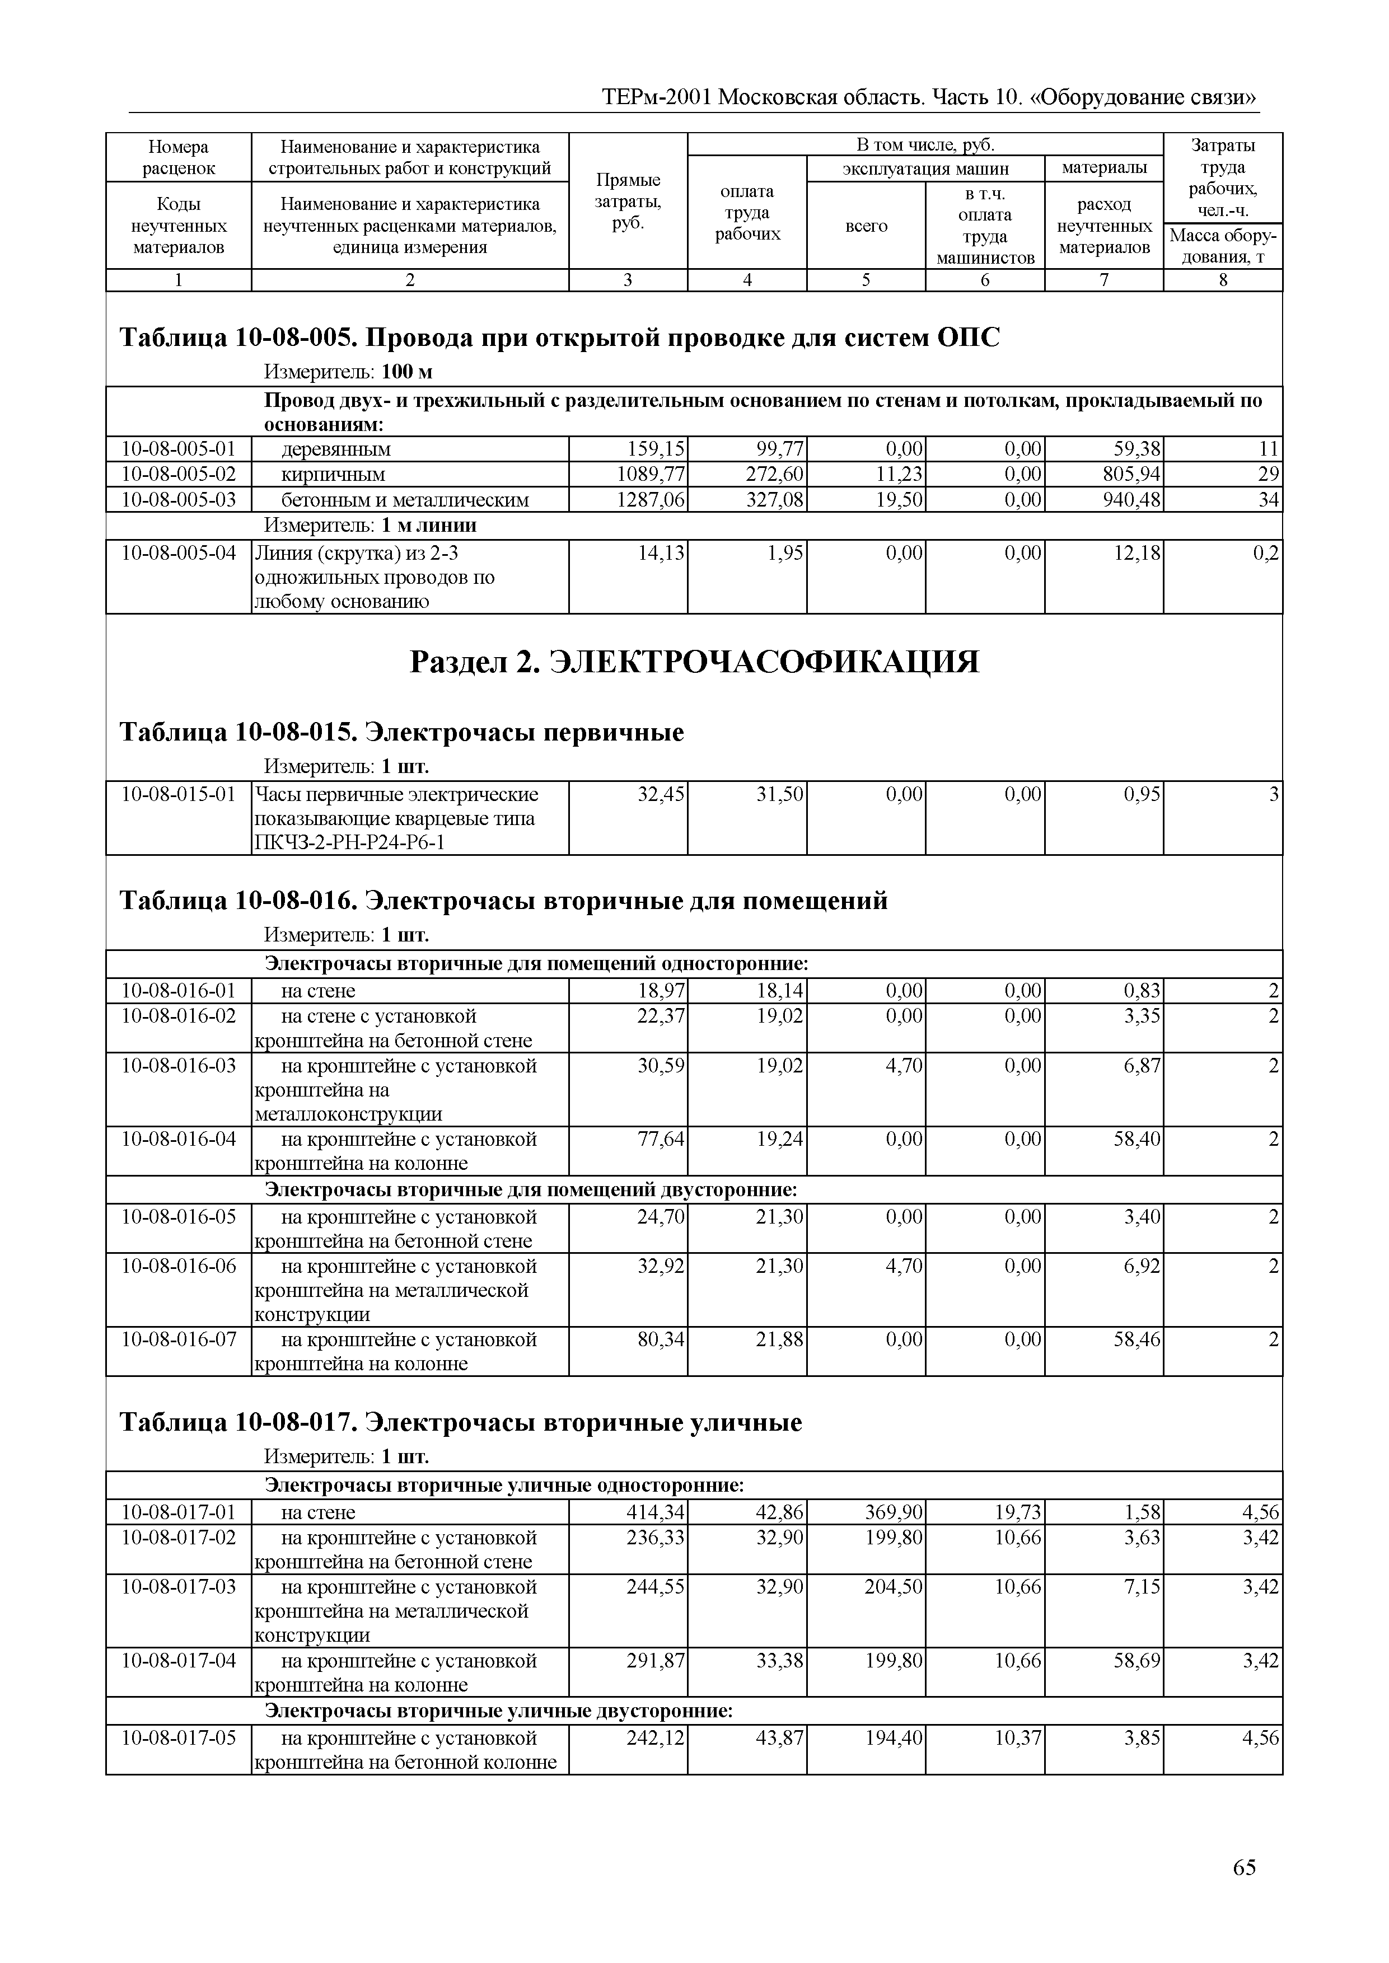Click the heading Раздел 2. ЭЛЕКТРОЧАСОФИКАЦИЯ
[694, 662]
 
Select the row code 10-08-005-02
[179, 474]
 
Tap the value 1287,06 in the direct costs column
[651, 499]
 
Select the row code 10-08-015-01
[179, 794]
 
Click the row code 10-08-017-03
[179, 1587]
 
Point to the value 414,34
[655, 1512]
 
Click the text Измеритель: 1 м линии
[370, 525]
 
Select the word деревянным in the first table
[335, 449]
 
